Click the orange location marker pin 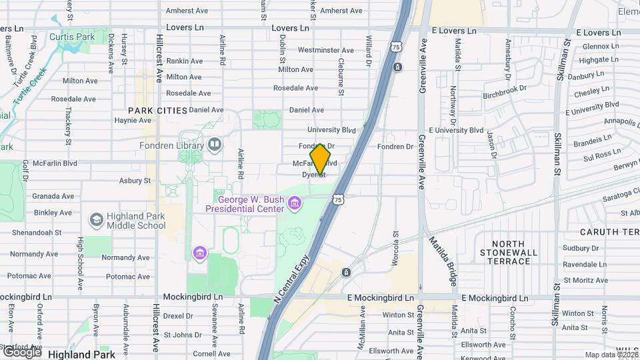[x=321, y=159]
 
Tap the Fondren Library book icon [x=215, y=144]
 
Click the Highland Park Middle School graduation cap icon [x=96, y=219]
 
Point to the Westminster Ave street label [x=325, y=50]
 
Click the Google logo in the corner [x=21, y=351]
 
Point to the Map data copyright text [x=611, y=355]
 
